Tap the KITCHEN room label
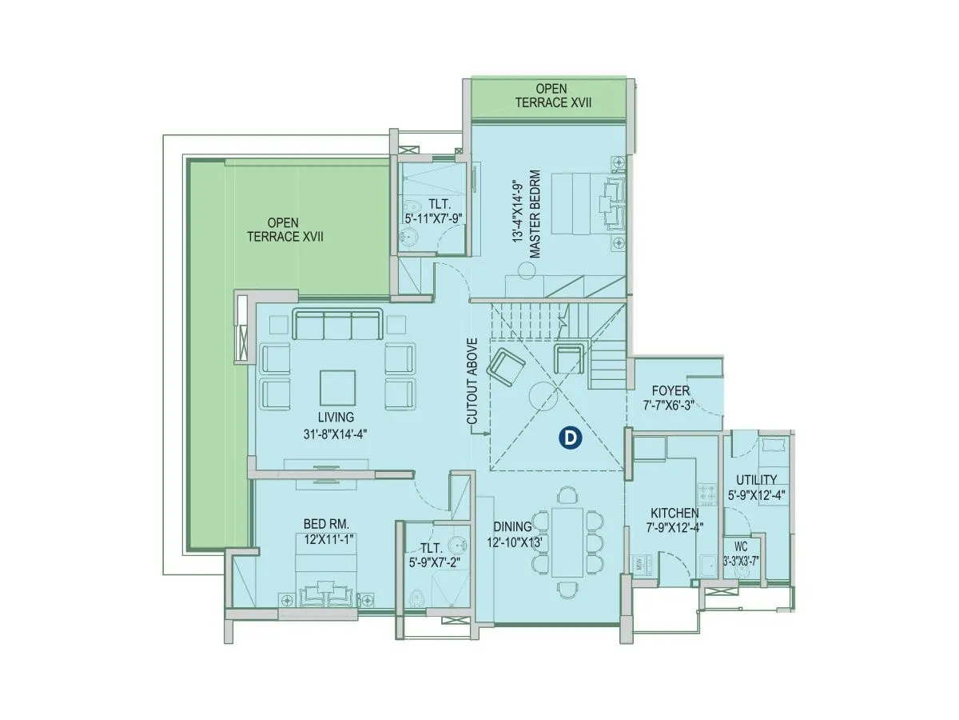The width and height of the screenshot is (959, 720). point(674,513)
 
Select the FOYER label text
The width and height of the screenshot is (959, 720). point(670,391)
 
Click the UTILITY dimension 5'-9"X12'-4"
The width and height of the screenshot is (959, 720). point(756,494)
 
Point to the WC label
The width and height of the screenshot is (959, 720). point(739,550)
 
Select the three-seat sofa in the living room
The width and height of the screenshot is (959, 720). point(336,325)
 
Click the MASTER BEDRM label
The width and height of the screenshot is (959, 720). point(535,213)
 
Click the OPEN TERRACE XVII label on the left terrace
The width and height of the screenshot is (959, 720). point(284,230)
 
